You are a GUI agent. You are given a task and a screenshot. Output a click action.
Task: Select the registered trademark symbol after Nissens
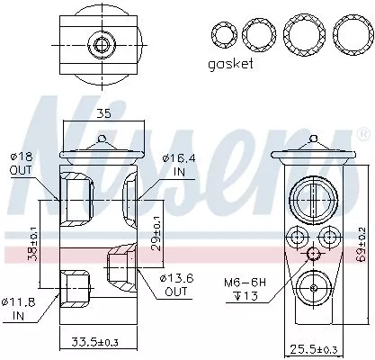tap(362, 137)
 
